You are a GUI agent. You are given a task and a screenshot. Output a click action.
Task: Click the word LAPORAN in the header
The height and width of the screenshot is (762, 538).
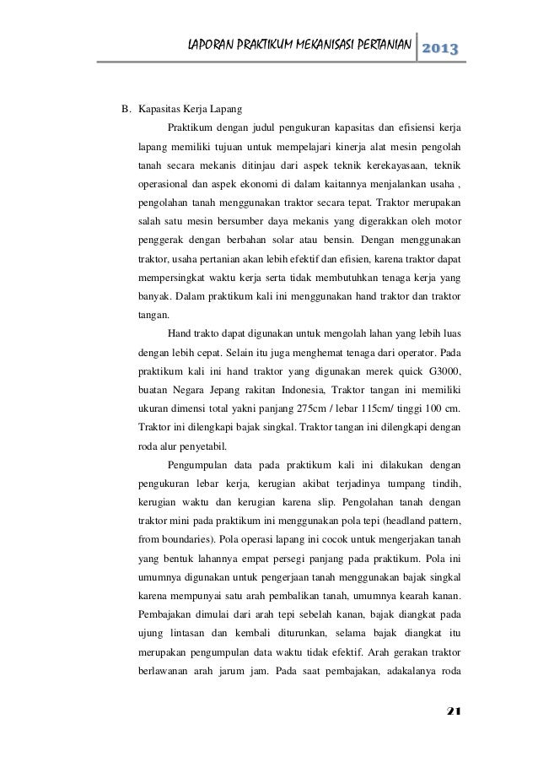pos(210,44)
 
